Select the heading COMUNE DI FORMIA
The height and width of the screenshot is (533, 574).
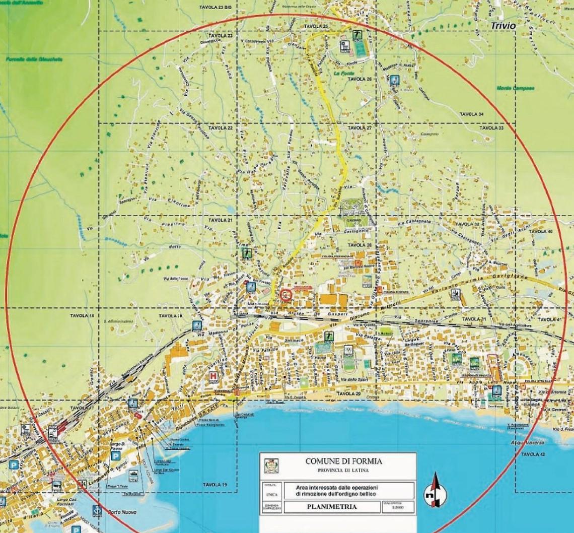(344, 461)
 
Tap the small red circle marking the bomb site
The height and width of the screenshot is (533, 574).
(286, 295)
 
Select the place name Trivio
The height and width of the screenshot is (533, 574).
(504, 26)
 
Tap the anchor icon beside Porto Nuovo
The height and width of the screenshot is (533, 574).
(96, 510)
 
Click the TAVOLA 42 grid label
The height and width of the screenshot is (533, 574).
(533, 454)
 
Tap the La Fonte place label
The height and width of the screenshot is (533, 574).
(343, 73)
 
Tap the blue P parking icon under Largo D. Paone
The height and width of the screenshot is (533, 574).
(115, 455)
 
